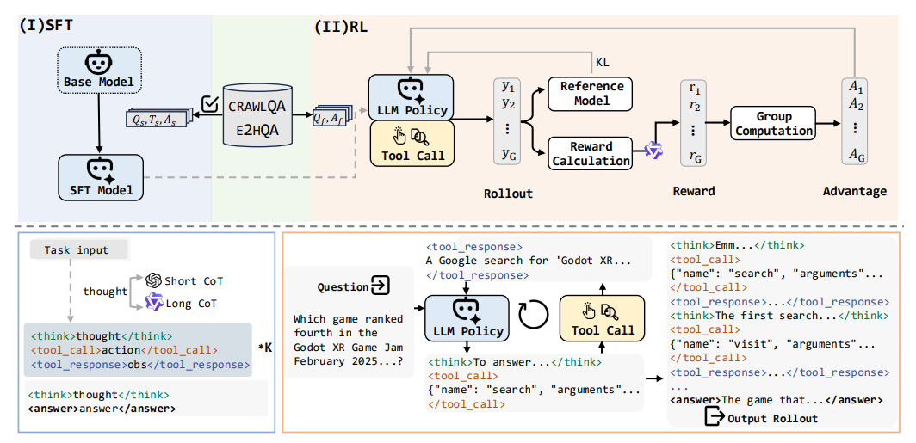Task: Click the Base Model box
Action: tap(99, 70)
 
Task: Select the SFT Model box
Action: tap(100, 177)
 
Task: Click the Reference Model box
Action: tap(590, 94)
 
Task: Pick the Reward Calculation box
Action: tap(591, 153)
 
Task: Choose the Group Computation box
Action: tap(773, 123)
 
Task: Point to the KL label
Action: tap(602, 62)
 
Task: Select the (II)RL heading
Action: tap(341, 28)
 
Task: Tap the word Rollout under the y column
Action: tap(508, 194)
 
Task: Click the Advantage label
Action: tap(854, 192)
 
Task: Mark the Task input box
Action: tap(78, 250)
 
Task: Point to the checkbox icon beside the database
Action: tap(208, 102)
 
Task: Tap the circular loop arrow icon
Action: tap(534, 314)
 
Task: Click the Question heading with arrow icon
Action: tap(354, 287)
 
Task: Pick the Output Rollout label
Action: tap(761, 418)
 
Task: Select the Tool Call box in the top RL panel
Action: tap(413, 144)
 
